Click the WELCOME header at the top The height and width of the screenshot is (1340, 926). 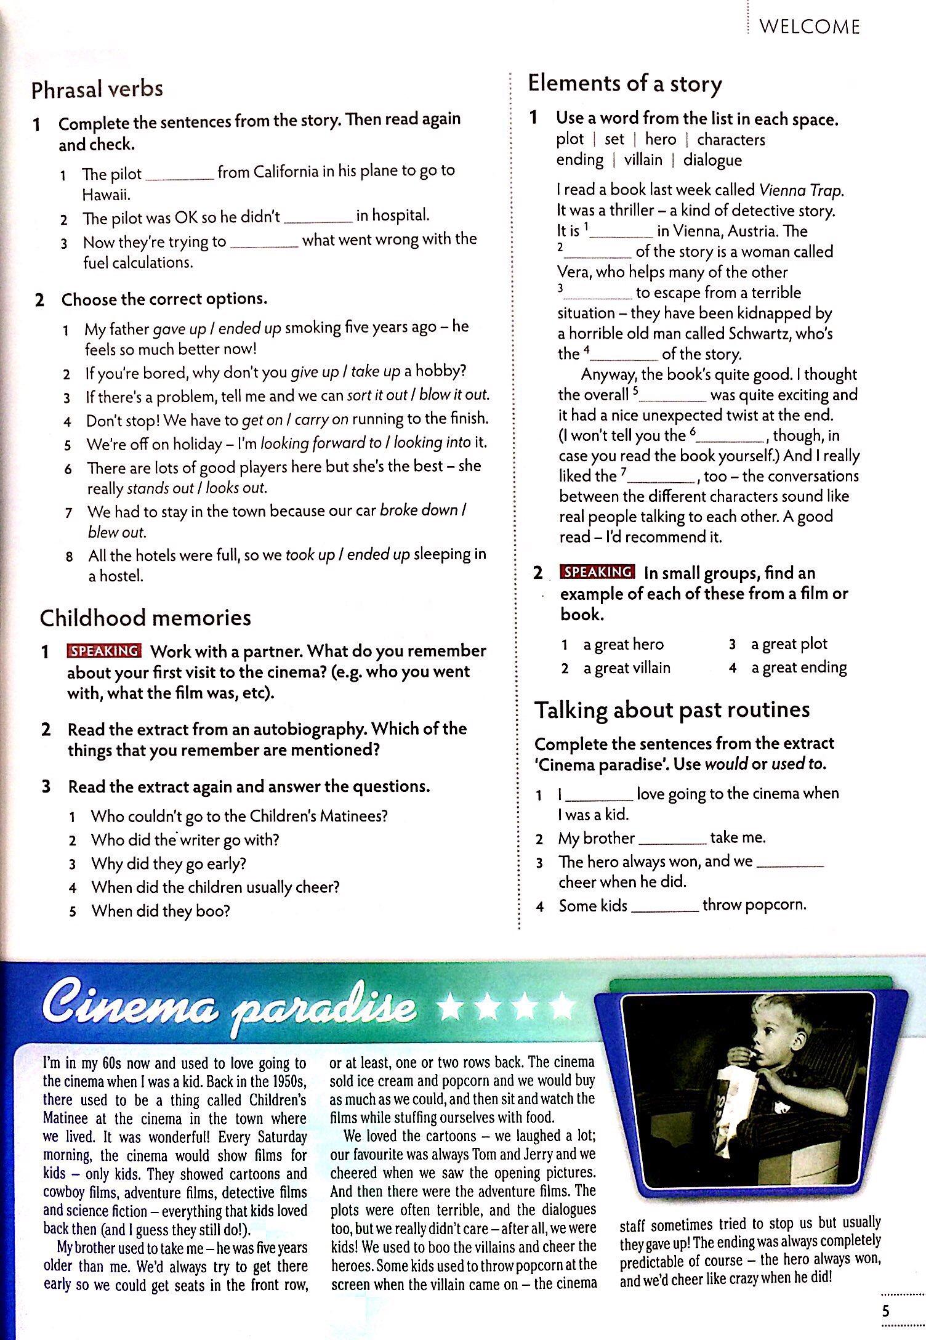point(809,27)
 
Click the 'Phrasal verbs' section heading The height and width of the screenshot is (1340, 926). point(97,90)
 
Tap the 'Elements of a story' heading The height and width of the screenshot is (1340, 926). point(625,84)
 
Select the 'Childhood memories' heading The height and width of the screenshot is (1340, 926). point(145,618)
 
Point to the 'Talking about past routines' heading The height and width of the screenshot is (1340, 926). point(672,710)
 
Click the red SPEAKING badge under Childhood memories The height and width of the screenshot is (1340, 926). point(104,651)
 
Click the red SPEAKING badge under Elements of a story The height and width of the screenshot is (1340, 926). point(597,571)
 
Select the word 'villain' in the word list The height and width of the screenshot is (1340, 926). point(643,160)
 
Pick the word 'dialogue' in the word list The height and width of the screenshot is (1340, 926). point(712,160)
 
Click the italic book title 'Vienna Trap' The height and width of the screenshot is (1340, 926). point(800,190)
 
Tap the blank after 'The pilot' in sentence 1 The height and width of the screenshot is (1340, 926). point(179,174)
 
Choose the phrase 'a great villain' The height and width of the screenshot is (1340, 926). point(627,668)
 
